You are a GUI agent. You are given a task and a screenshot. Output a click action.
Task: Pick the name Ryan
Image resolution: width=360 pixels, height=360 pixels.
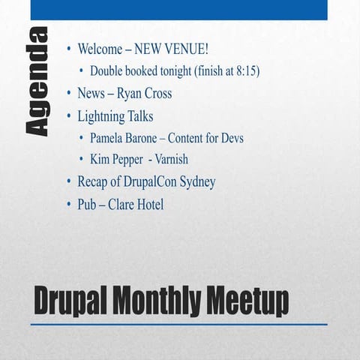click(x=130, y=94)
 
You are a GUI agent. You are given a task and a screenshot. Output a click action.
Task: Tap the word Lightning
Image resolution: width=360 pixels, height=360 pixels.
click(x=103, y=116)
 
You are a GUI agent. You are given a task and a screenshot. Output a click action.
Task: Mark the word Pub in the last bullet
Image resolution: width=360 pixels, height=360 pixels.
click(x=87, y=204)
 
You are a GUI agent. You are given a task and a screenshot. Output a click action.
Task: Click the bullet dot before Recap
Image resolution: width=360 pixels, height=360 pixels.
click(x=69, y=181)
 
